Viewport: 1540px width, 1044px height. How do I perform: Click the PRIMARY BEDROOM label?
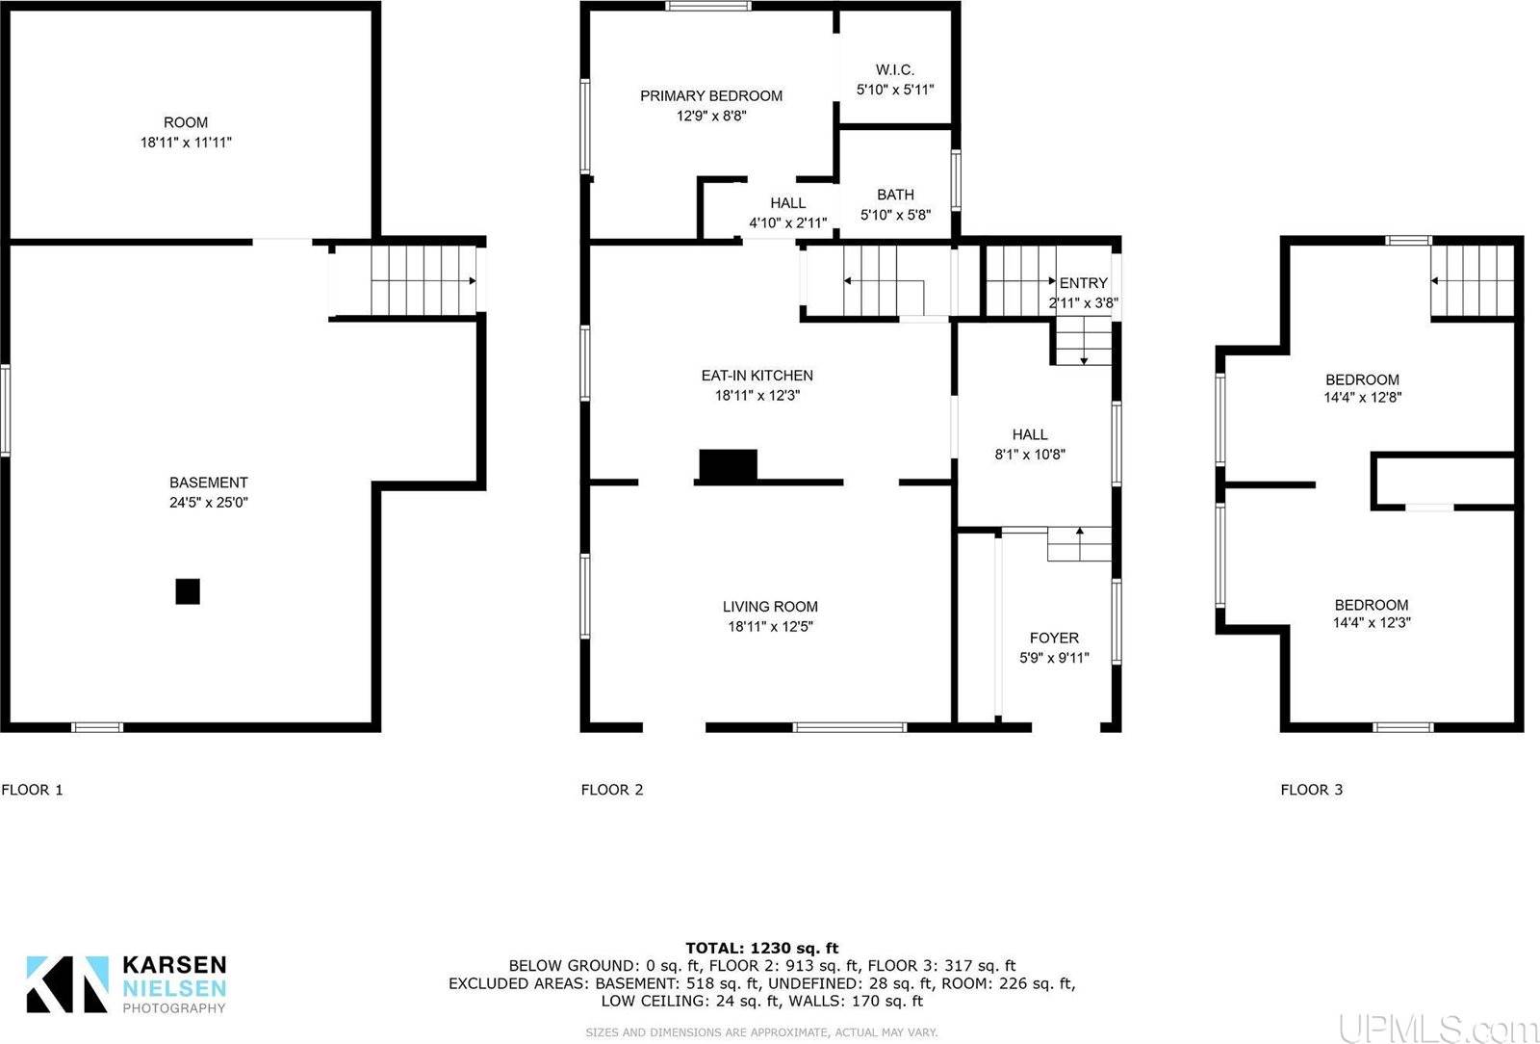pyautogui.click(x=711, y=95)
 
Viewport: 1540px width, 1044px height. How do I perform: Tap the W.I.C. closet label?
pyautogui.click(x=895, y=69)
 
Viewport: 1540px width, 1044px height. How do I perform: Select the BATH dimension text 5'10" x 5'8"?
pyautogui.click(x=895, y=215)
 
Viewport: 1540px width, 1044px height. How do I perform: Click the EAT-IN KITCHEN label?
pyautogui.click(x=757, y=376)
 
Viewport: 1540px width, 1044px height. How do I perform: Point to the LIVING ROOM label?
pyautogui.click(x=770, y=607)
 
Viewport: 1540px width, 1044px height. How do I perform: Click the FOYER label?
pyautogui.click(x=1054, y=638)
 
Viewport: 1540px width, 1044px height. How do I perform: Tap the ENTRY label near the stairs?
pyautogui.click(x=1084, y=283)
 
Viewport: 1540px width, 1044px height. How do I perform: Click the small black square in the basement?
pyautogui.click(x=188, y=591)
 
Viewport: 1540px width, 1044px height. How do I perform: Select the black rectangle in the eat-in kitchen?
pyautogui.click(x=728, y=465)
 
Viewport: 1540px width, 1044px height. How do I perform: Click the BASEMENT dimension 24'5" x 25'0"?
pyautogui.click(x=209, y=502)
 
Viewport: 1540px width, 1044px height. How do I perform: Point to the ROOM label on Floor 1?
pyautogui.click(x=186, y=122)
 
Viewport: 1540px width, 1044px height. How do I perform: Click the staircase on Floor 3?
pyautogui.click(x=1473, y=280)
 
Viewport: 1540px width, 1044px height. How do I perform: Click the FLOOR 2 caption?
pyautogui.click(x=612, y=790)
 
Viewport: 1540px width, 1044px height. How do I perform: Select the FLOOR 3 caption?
pyautogui.click(x=1311, y=790)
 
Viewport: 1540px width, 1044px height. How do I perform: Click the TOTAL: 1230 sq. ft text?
pyautogui.click(x=761, y=949)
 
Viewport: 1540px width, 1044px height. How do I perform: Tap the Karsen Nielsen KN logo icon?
pyautogui.click(x=66, y=983)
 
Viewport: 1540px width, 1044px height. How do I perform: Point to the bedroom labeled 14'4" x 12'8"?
pyautogui.click(x=1362, y=379)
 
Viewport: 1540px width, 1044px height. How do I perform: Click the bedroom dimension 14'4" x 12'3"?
pyautogui.click(x=1372, y=623)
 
